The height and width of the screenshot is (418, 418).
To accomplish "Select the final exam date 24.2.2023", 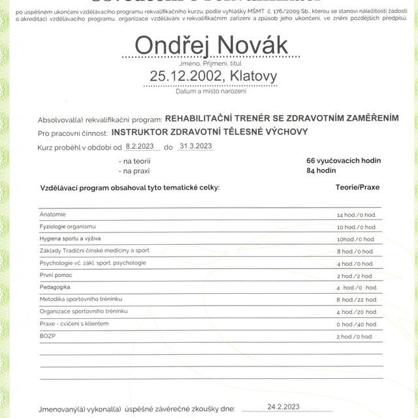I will (x=282, y=406).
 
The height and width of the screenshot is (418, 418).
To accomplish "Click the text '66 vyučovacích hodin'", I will (x=343, y=160).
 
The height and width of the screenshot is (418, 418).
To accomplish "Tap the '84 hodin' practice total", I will (x=321, y=170).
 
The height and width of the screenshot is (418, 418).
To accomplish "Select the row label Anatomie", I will (x=52, y=214).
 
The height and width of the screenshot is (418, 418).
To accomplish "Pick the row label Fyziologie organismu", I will (x=67, y=226).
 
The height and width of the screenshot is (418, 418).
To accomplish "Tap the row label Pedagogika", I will (x=55, y=287).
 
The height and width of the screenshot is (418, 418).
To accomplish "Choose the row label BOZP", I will (x=48, y=336).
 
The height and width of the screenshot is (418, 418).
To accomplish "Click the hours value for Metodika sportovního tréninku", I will (x=356, y=300).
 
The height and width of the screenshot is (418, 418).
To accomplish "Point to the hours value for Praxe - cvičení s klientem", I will (x=356, y=325).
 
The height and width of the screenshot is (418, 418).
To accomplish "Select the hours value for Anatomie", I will (x=356, y=215).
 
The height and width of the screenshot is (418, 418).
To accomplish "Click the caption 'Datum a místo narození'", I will (x=210, y=91).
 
